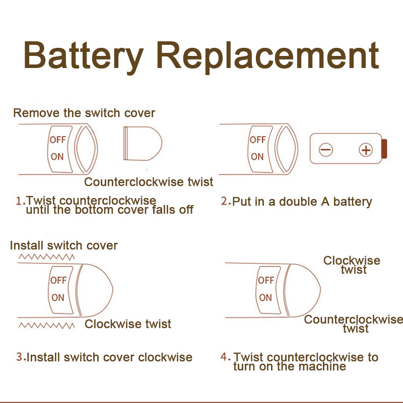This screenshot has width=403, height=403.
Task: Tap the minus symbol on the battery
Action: point(326,150)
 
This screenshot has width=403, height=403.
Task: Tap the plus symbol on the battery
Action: point(365,150)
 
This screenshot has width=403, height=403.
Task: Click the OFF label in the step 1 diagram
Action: point(57,140)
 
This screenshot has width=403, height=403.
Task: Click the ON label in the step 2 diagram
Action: point(257,156)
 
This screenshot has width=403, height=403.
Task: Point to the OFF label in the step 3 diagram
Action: point(58,280)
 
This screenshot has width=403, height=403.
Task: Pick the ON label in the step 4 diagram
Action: point(265,297)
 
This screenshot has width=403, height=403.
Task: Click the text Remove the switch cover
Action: point(84,113)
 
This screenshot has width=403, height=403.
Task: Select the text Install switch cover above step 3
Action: point(64,246)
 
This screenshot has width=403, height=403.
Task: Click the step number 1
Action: point(19,201)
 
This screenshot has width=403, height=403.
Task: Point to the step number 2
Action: point(225,201)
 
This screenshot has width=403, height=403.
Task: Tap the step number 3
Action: point(20,357)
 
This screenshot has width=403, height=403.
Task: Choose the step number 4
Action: point(225,357)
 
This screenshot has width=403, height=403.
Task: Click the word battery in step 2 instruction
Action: point(352,202)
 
